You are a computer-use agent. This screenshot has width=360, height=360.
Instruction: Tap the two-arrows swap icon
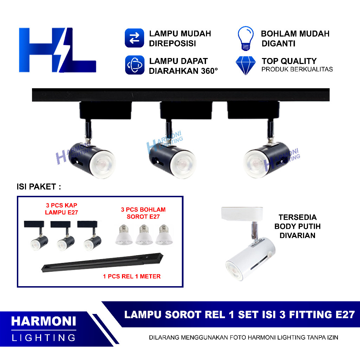coord(134,38)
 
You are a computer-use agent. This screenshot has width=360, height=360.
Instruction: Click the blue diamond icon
coord(245,65)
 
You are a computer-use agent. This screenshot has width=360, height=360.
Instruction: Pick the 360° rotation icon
coord(134,65)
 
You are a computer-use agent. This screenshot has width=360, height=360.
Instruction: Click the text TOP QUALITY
coord(289,61)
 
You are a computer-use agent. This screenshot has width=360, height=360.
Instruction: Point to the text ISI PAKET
coord(39,187)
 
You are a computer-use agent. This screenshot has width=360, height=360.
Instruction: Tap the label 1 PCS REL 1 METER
coord(132,276)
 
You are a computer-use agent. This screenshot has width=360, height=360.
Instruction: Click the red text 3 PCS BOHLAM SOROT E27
coord(143,213)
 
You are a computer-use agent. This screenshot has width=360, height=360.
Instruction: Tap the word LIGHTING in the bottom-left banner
coord(44,338)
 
